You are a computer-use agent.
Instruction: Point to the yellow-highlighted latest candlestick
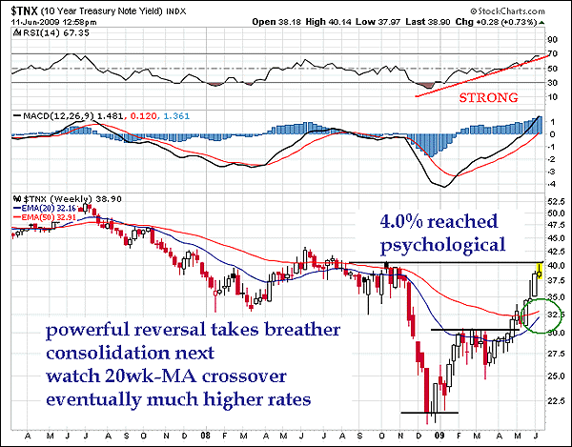point(540,272)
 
